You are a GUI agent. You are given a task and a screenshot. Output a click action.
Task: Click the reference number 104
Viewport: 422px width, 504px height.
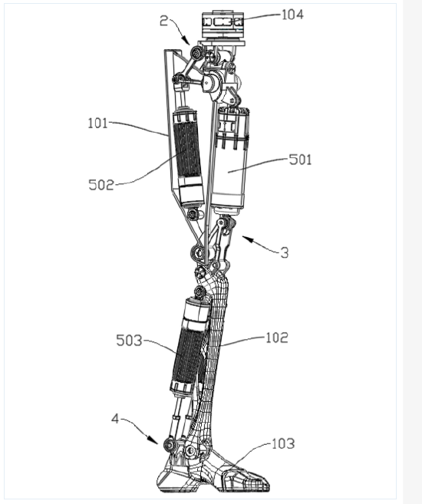[x=292, y=15]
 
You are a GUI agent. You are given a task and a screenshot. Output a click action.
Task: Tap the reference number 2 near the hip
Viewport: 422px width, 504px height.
[x=164, y=21]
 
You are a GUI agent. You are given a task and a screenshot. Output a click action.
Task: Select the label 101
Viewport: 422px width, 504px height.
[x=97, y=124]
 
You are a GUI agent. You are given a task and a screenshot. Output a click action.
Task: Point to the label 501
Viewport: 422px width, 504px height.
[x=300, y=160]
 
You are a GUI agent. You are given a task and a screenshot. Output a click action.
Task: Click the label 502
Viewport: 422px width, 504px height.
[x=101, y=185]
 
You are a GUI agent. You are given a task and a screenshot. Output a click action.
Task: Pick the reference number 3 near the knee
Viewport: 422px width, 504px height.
[x=285, y=253]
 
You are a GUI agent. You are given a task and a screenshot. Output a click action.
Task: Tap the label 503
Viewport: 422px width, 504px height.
[x=129, y=341]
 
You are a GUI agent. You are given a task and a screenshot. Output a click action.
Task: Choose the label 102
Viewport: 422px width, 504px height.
[x=277, y=338]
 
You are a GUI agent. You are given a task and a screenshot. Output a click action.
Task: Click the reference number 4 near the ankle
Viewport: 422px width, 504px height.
[x=115, y=419]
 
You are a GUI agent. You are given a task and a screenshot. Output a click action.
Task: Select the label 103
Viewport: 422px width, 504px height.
[x=283, y=444]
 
